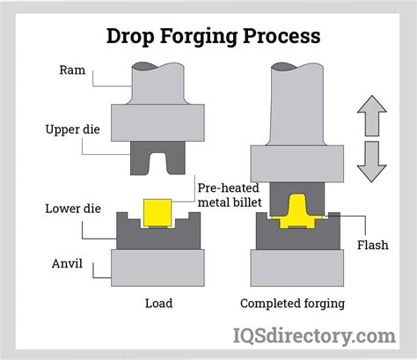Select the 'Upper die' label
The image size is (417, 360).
point(69,130)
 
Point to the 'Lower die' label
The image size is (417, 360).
point(69,209)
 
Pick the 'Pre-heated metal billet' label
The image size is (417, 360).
point(234,196)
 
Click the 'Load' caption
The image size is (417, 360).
point(158,304)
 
